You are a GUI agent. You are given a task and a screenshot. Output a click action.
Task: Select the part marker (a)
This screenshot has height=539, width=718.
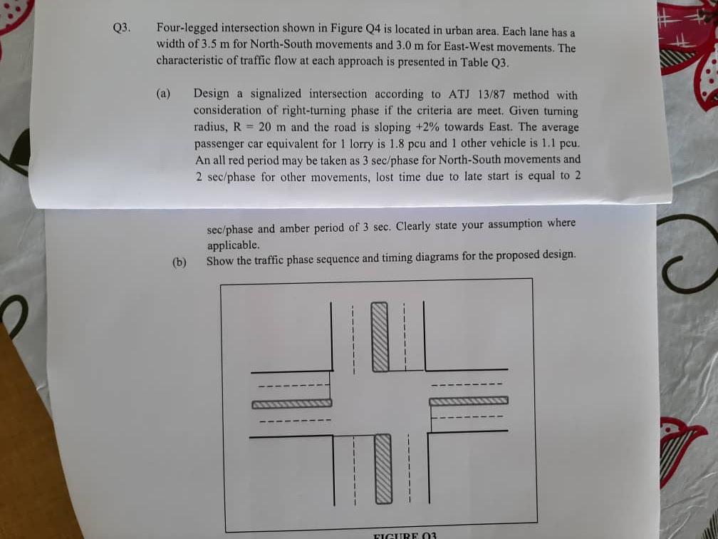pyautogui.click(x=164, y=93)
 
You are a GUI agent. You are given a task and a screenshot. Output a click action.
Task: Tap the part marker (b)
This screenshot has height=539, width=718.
pyautogui.click(x=179, y=262)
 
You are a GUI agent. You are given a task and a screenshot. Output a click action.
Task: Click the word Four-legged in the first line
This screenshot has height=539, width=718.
pyautogui.click(x=187, y=29)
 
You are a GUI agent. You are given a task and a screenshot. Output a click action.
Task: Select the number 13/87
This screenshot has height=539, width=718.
pyautogui.click(x=491, y=95)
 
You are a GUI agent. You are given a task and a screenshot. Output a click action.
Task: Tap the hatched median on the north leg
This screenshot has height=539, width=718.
pyautogui.click(x=380, y=336)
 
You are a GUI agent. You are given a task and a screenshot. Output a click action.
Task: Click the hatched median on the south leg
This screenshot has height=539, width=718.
pyautogui.click(x=383, y=468)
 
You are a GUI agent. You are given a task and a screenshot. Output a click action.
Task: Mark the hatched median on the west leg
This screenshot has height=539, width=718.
pyautogui.click(x=291, y=404)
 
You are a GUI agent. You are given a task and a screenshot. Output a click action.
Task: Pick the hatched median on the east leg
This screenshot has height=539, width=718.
pyautogui.click(x=468, y=401)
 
